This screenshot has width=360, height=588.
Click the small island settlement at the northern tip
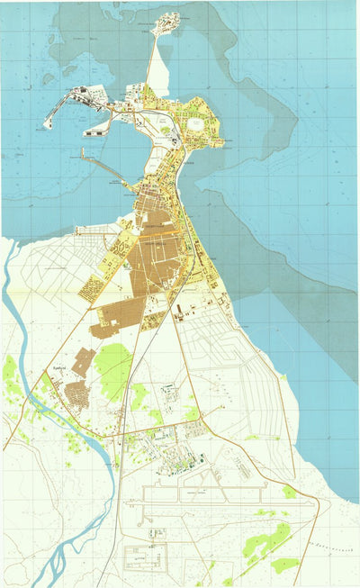tap(168, 22)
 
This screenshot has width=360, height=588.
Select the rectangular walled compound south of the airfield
tap(144, 556)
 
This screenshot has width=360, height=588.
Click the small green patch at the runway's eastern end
tap(289, 492)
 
